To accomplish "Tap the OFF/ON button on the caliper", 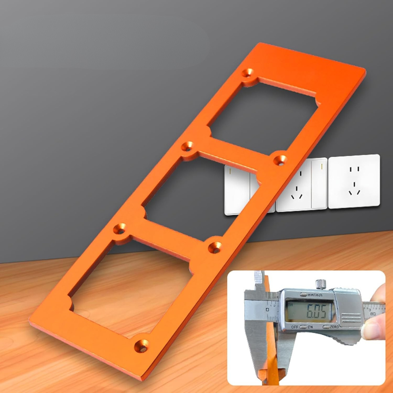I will (x=303, y=327).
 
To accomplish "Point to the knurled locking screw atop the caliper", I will (x=320, y=283).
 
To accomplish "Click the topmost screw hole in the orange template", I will (x=249, y=72).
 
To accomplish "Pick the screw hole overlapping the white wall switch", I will (x=280, y=159).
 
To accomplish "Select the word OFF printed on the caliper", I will (x=295, y=327).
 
